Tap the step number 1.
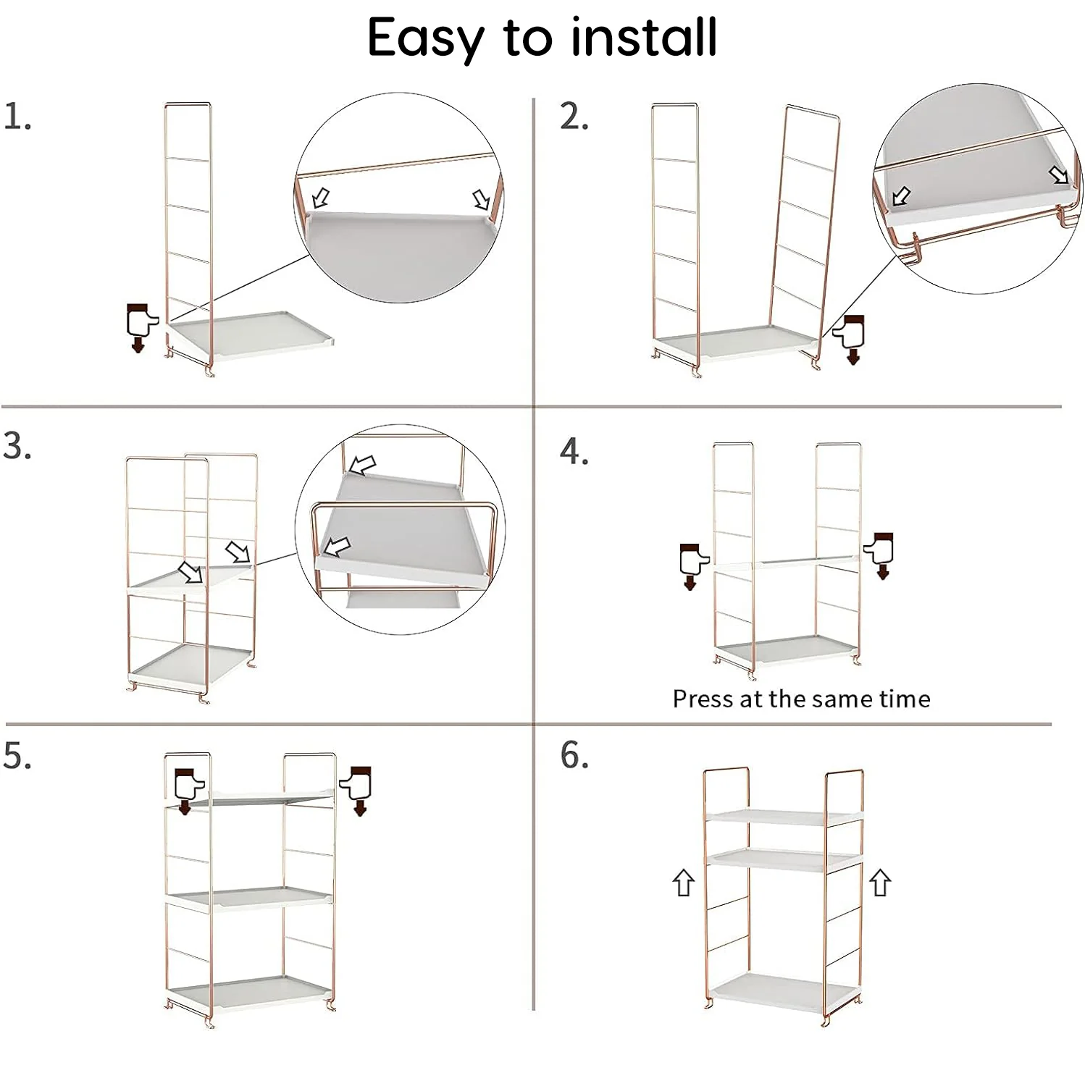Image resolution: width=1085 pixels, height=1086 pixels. tap(17, 117)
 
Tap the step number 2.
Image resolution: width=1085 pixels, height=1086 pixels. tap(574, 117)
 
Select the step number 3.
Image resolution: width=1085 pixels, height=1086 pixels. tap(17, 446)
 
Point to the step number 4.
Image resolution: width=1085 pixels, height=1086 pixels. tap(574, 452)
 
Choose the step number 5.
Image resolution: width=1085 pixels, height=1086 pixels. tap(17, 756)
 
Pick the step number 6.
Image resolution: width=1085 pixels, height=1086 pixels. tap(574, 756)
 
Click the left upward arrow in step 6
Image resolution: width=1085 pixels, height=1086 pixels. tap(683, 883)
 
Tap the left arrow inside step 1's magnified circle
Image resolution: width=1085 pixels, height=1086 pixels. tap(321, 198)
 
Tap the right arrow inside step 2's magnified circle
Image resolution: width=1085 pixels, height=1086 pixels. tap(1059, 174)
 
